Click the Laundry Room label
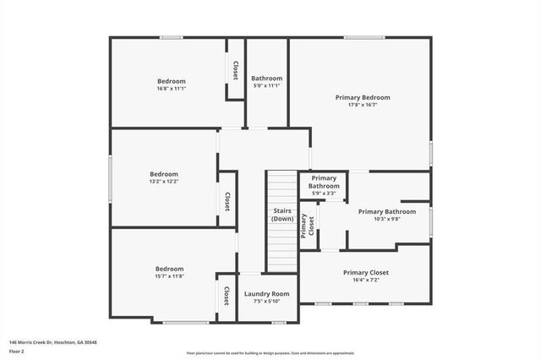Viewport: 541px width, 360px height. [267, 294]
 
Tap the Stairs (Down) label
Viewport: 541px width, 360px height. [282, 215]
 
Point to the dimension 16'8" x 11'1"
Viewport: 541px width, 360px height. [170, 89]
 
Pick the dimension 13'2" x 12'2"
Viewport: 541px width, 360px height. [164, 181]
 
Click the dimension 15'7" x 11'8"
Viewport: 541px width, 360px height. [169, 276]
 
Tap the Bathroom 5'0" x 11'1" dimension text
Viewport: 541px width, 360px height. [266, 86]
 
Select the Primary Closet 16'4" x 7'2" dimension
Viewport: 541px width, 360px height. [365, 281]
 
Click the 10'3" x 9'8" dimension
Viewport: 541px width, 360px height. [386, 220]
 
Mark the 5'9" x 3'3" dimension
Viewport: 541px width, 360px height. [324, 194]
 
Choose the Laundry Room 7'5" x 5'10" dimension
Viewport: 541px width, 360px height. [267, 302]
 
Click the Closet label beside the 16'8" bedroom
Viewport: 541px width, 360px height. [235, 71]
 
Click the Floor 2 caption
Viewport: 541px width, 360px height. [17, 350]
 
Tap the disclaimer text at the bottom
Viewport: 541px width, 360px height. [270, 352]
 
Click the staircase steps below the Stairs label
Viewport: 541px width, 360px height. [282, 249]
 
